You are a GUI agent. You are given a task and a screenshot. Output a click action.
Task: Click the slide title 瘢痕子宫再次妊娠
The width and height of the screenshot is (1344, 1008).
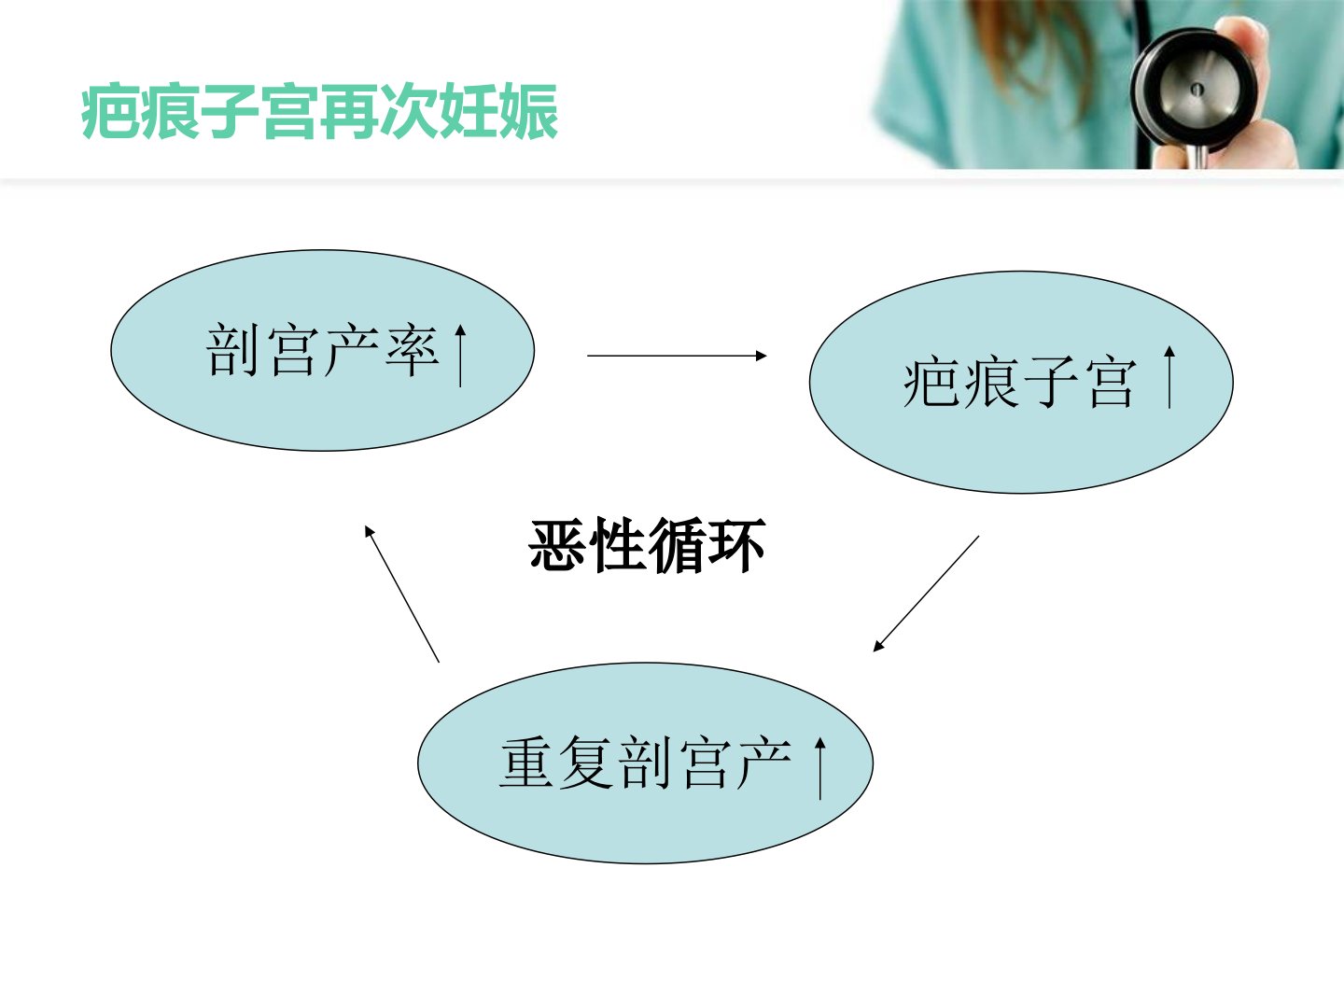(x=319, y=111)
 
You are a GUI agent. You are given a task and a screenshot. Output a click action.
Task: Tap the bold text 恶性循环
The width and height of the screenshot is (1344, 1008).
(x=647, y=544)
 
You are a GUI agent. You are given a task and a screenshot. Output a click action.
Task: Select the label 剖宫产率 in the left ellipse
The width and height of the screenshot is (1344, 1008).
(x=323, y=351)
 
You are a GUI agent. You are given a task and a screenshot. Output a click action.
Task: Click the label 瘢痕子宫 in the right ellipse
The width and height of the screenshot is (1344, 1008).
(x=1020, y=383)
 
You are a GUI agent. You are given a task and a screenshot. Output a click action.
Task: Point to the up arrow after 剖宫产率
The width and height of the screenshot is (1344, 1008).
(x=460, y=356)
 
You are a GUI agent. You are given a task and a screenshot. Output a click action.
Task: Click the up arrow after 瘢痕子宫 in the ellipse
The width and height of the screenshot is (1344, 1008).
(x=1169, y=377)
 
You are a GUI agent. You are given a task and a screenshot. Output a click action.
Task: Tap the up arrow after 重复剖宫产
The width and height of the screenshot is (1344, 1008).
(x=820, y=769)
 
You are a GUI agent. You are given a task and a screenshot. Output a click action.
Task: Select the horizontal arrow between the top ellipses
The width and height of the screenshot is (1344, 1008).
(x=677, y=356)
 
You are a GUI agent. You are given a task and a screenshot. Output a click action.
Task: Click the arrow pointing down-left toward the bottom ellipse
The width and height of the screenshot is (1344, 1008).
(x=926, y=594)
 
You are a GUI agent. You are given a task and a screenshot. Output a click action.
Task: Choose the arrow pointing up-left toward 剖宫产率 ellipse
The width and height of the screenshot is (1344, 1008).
(x=401, y=594)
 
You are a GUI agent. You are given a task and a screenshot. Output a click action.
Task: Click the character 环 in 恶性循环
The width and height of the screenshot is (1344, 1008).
(x=737, y=544)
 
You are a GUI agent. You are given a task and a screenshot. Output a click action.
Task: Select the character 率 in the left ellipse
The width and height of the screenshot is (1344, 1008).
(x=413, y=351)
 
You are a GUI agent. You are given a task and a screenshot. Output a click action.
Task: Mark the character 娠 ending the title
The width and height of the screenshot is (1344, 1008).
(x=529, y=111)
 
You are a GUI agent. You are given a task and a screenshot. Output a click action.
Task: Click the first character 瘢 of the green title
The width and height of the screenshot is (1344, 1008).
(x=110, y=111)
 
